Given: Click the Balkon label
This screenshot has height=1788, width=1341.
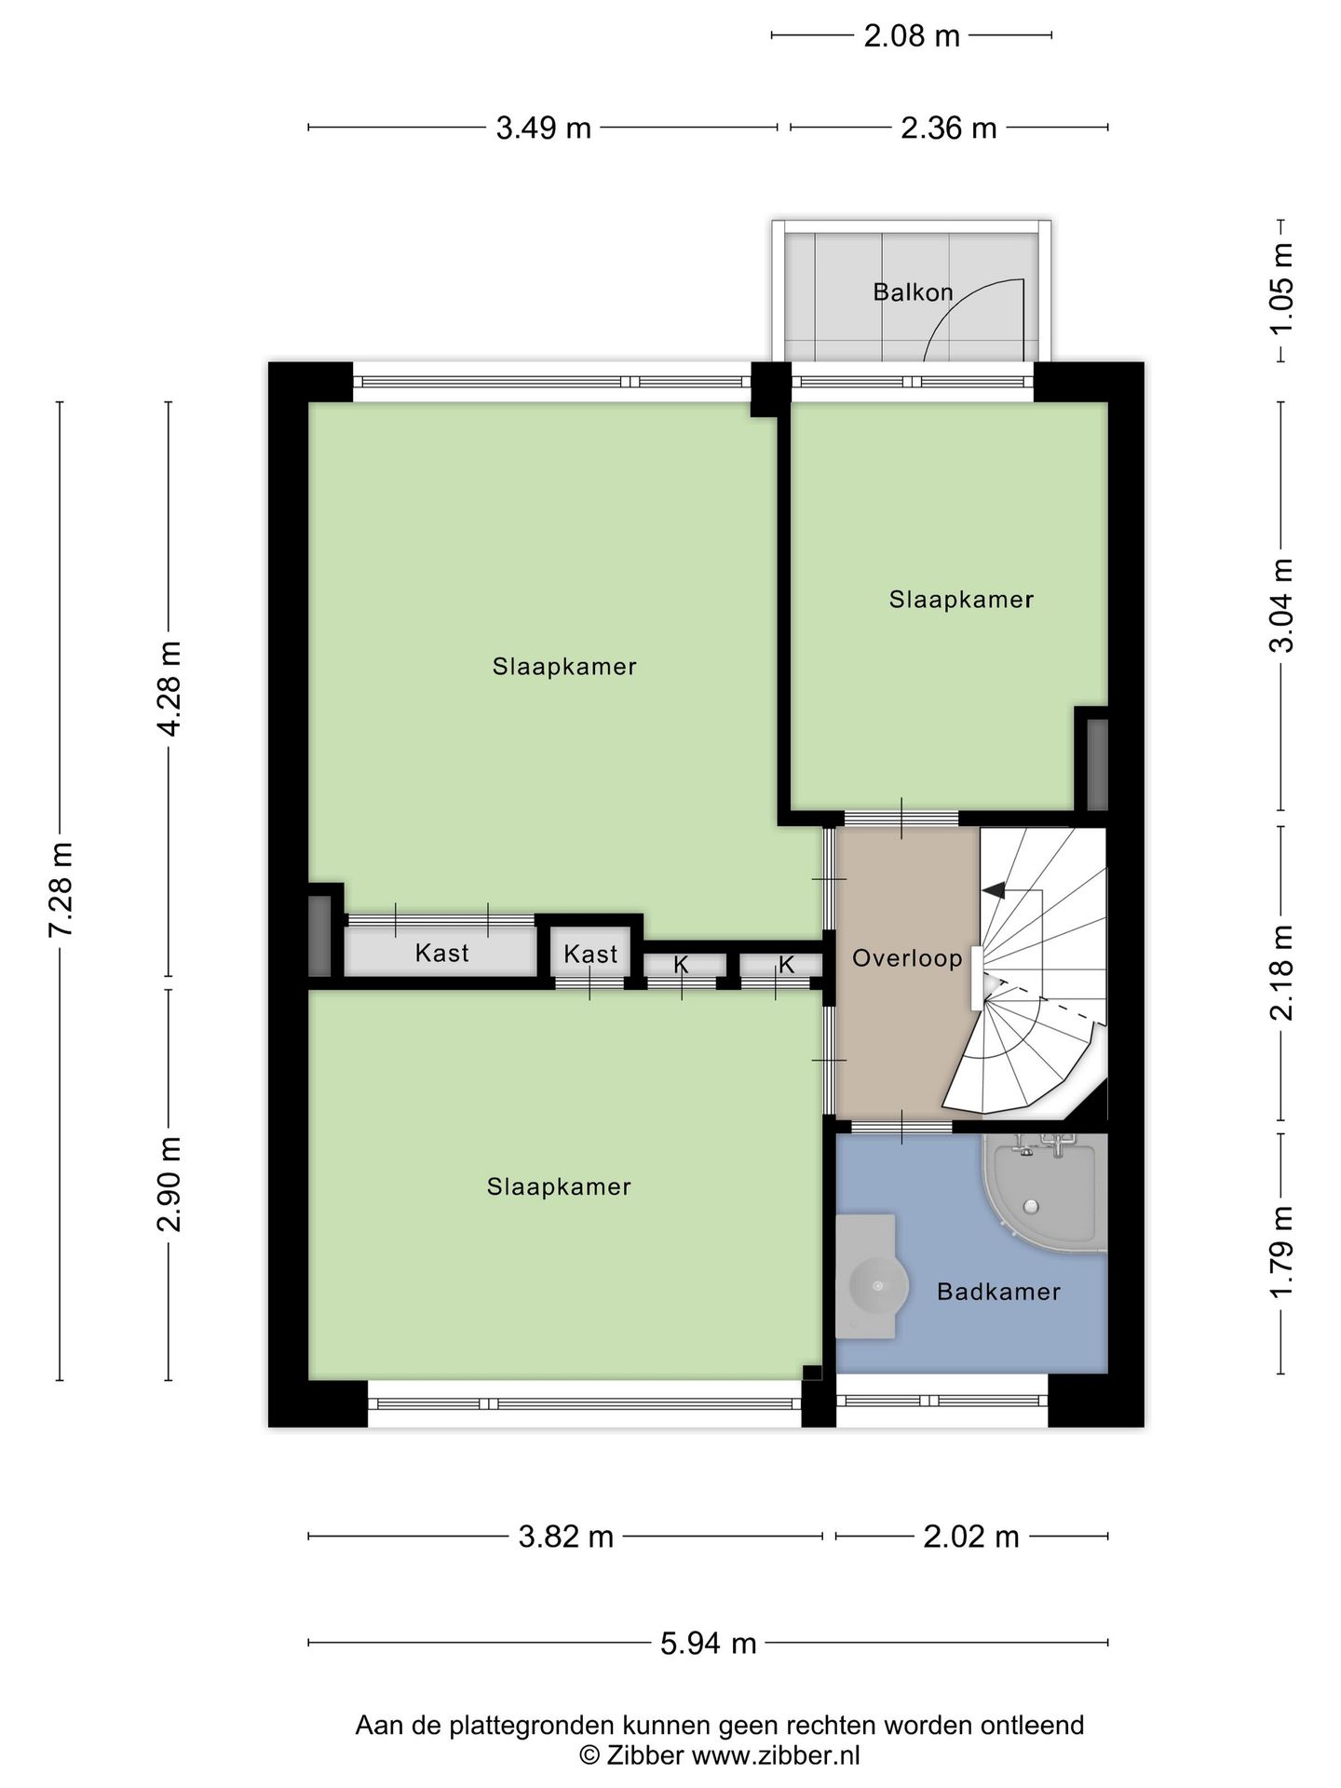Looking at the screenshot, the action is [913, 292].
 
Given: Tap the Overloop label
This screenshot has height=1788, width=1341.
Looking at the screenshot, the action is [907, 958].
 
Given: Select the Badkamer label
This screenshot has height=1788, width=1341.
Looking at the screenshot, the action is [998, 1292].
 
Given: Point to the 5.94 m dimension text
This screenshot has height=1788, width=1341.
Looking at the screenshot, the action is [708, 1644].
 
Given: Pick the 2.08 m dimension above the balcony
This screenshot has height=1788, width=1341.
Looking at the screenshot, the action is [912, 36].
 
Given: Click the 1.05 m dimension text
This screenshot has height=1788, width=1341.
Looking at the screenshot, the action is [1282, 291].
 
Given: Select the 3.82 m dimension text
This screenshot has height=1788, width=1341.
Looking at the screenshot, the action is [566, 1537].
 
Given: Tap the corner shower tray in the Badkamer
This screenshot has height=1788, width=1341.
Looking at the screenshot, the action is [1041, 1195].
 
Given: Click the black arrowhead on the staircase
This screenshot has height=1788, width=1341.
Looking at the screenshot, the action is [994, 890].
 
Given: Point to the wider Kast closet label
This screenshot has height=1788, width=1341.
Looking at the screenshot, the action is [441, 954].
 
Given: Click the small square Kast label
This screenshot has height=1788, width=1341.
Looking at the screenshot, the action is [590, 955].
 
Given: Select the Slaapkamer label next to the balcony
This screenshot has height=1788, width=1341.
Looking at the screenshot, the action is [961, 600].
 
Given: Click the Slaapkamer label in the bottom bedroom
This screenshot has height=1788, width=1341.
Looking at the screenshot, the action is [559, 1187].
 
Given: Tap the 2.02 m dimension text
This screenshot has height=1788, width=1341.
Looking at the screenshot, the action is [971, 1537].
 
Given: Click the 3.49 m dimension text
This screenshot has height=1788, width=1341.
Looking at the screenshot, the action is [544, 128].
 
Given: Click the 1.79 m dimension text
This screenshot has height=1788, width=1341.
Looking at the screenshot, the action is [1282, 1253].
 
